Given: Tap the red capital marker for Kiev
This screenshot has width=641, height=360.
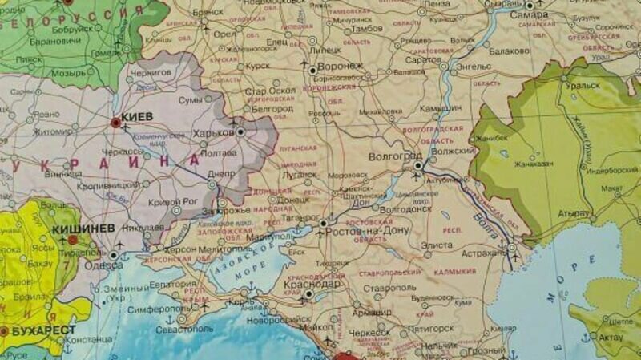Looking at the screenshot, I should pos(116,123).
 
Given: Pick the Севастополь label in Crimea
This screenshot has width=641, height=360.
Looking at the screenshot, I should pos(183,329).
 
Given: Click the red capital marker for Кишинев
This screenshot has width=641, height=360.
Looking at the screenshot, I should pos(73,239).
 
